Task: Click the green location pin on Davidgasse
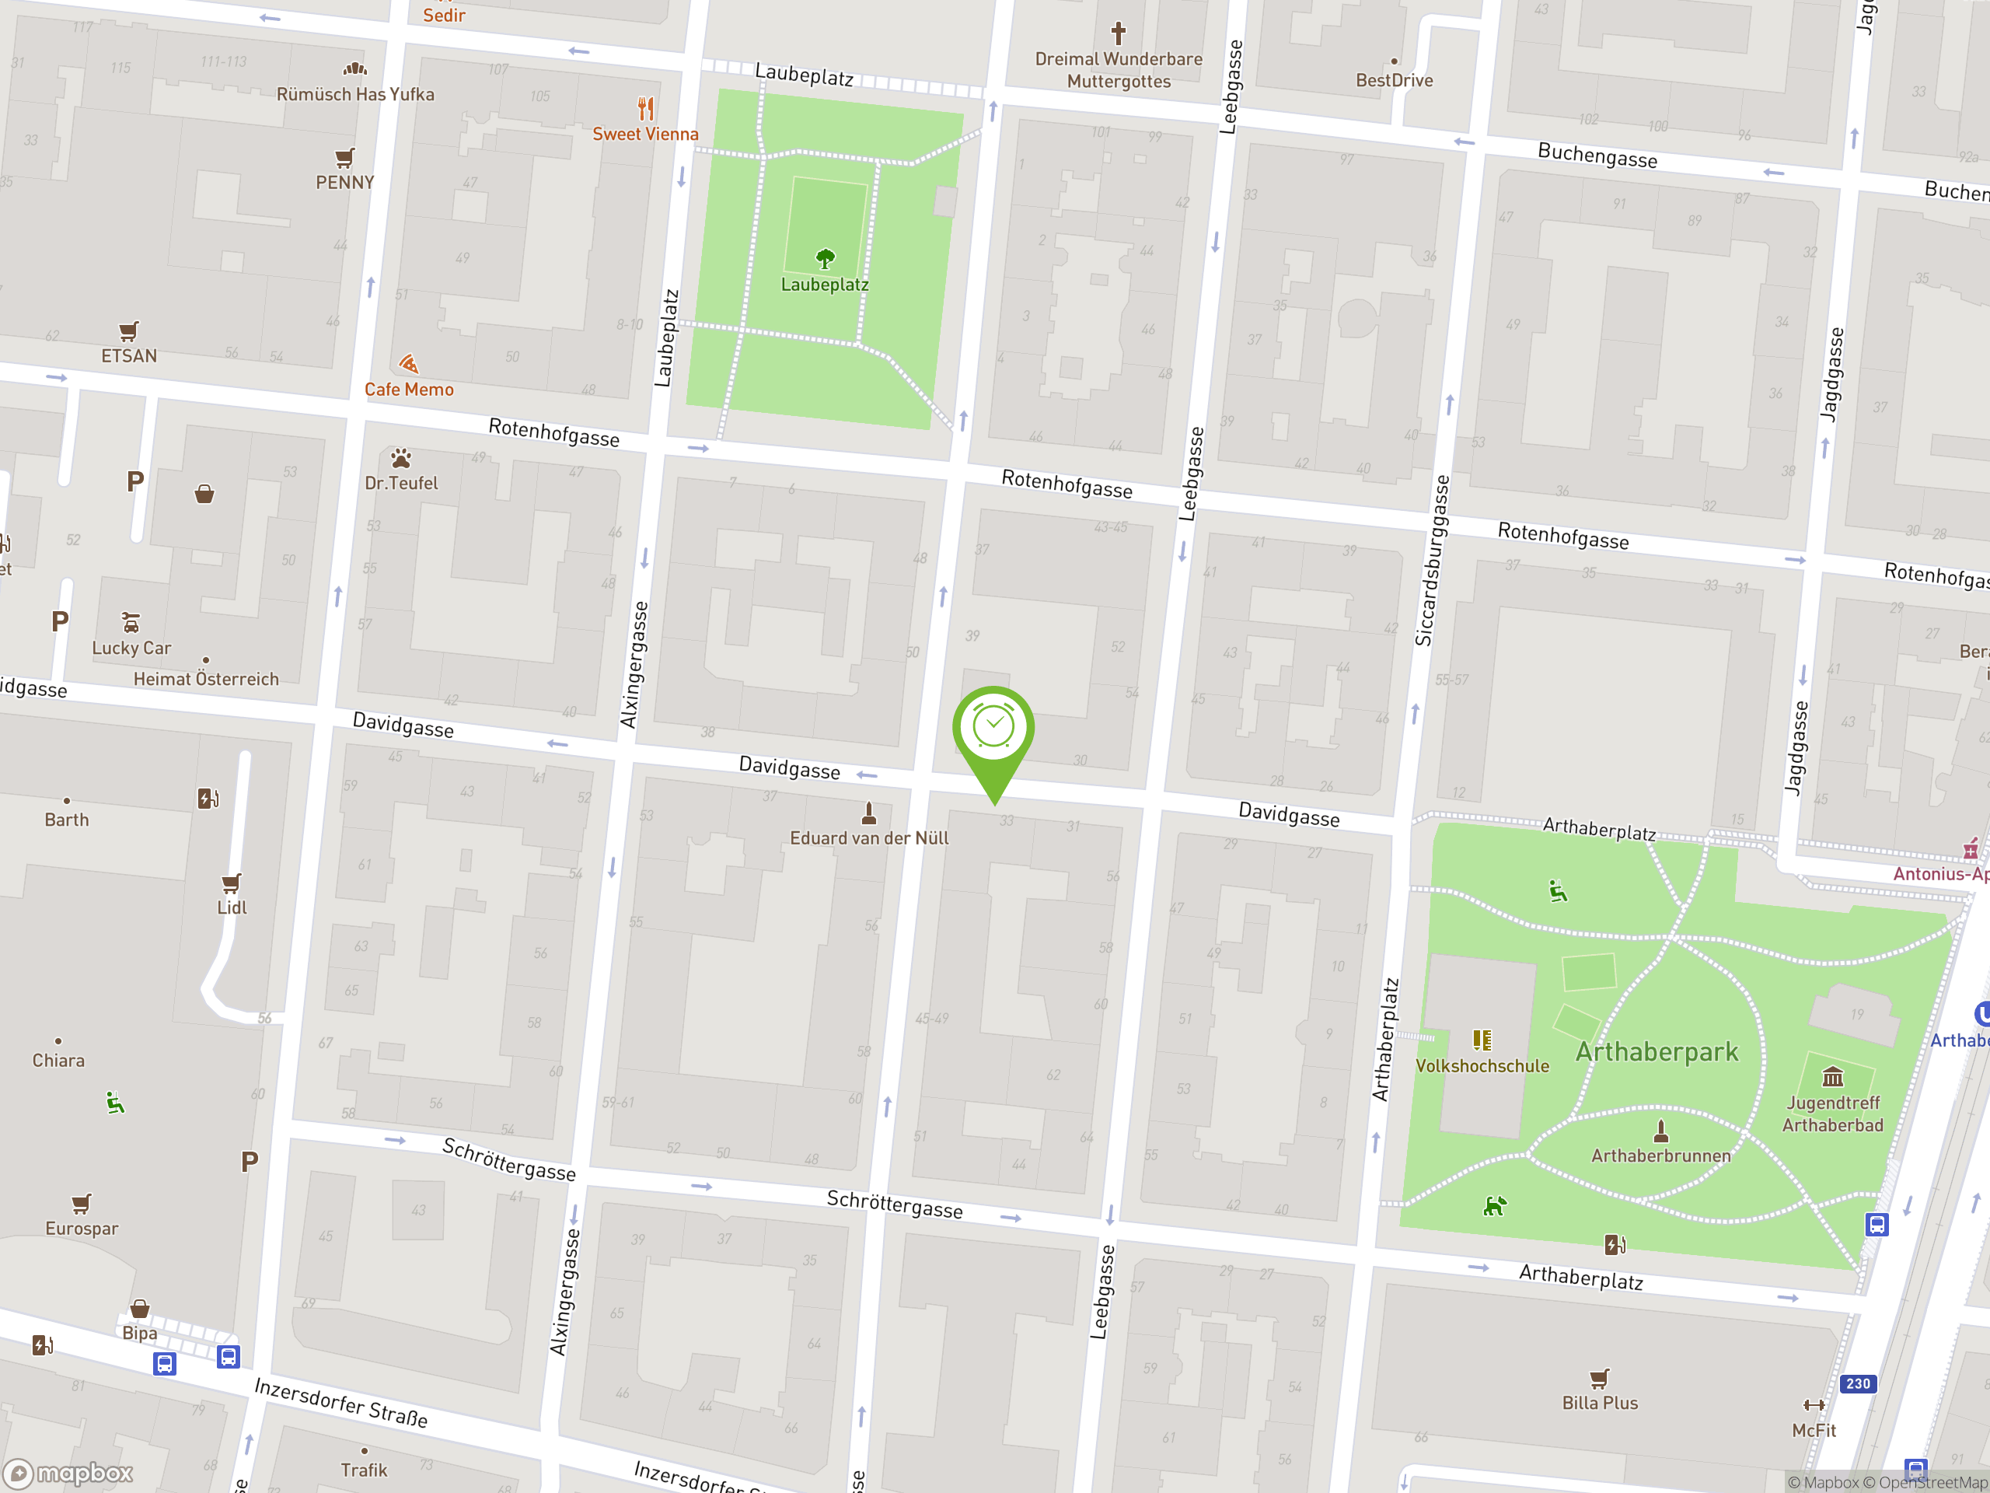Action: click(993, 731)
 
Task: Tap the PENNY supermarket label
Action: click(344, 183)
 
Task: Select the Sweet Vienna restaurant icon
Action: click(645, 109)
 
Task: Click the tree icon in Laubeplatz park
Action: click(825, 260)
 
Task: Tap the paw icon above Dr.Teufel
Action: click(401, 458)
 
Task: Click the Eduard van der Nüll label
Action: click(869, 837)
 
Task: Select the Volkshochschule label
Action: click(1482, 1065)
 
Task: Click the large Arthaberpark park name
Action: click(1657, 1051)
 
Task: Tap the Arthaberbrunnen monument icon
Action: click(1660, 1131)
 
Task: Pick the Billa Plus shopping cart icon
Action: click(1599, 1378)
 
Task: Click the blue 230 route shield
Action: click(1858, 1383)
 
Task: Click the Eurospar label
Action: click(82, 1229)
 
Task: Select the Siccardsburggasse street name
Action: click(1432, 560)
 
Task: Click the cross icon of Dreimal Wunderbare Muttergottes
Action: click(1119, 33)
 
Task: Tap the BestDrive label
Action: click(1394, 80)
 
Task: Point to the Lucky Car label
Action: click(131, 648)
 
